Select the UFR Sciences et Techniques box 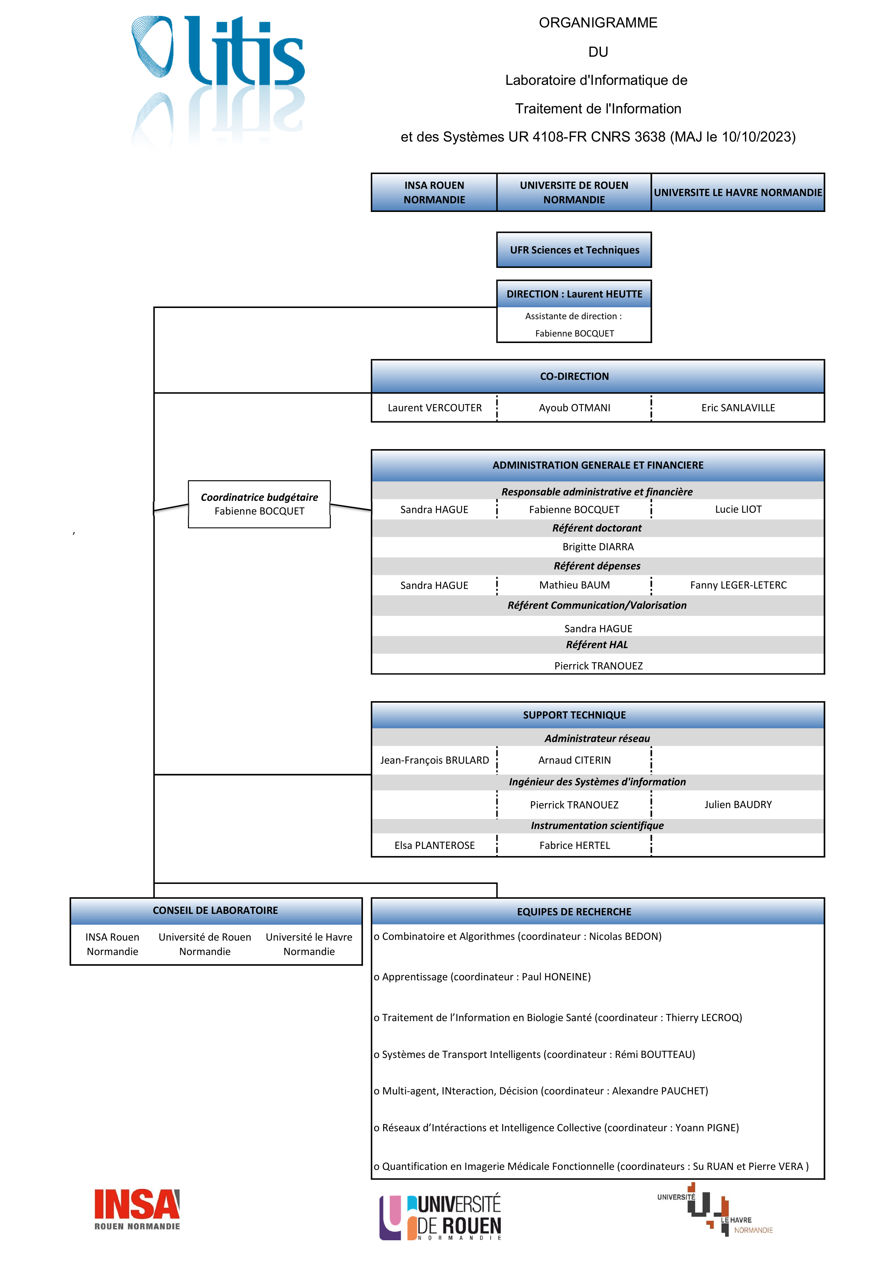[574, 250]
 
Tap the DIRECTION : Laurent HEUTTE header [574, 294]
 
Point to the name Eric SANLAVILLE [738, 408]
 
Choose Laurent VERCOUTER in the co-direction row [435, 408]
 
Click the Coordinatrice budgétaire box [259, 504]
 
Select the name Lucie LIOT [738, 509]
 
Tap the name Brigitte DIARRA [598, 547]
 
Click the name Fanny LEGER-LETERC [738, 585]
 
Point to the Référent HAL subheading [597, 645]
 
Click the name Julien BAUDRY [738, 804]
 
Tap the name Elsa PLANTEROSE [435, 845]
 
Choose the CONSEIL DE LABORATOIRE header [216, 911]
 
